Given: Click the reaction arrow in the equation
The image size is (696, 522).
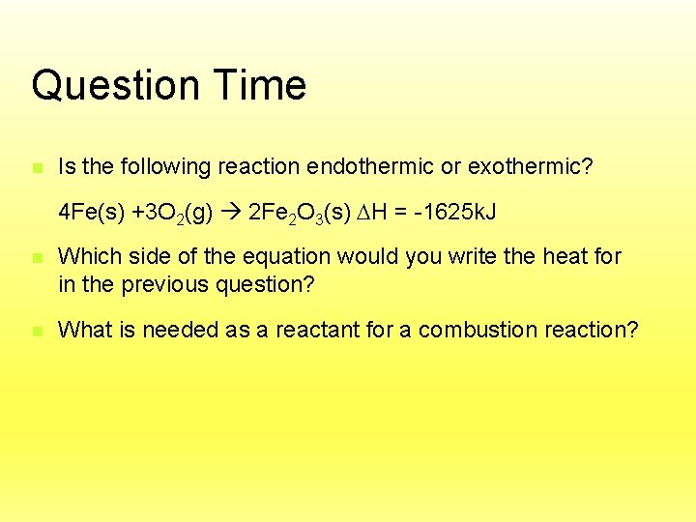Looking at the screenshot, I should [x=232, y=212].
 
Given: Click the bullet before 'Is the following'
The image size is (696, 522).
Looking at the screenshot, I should [x=37, y=167].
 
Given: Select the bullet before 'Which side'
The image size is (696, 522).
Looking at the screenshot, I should [x=37, y=257].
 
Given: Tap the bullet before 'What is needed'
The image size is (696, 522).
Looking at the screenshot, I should [x=37, y=331].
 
